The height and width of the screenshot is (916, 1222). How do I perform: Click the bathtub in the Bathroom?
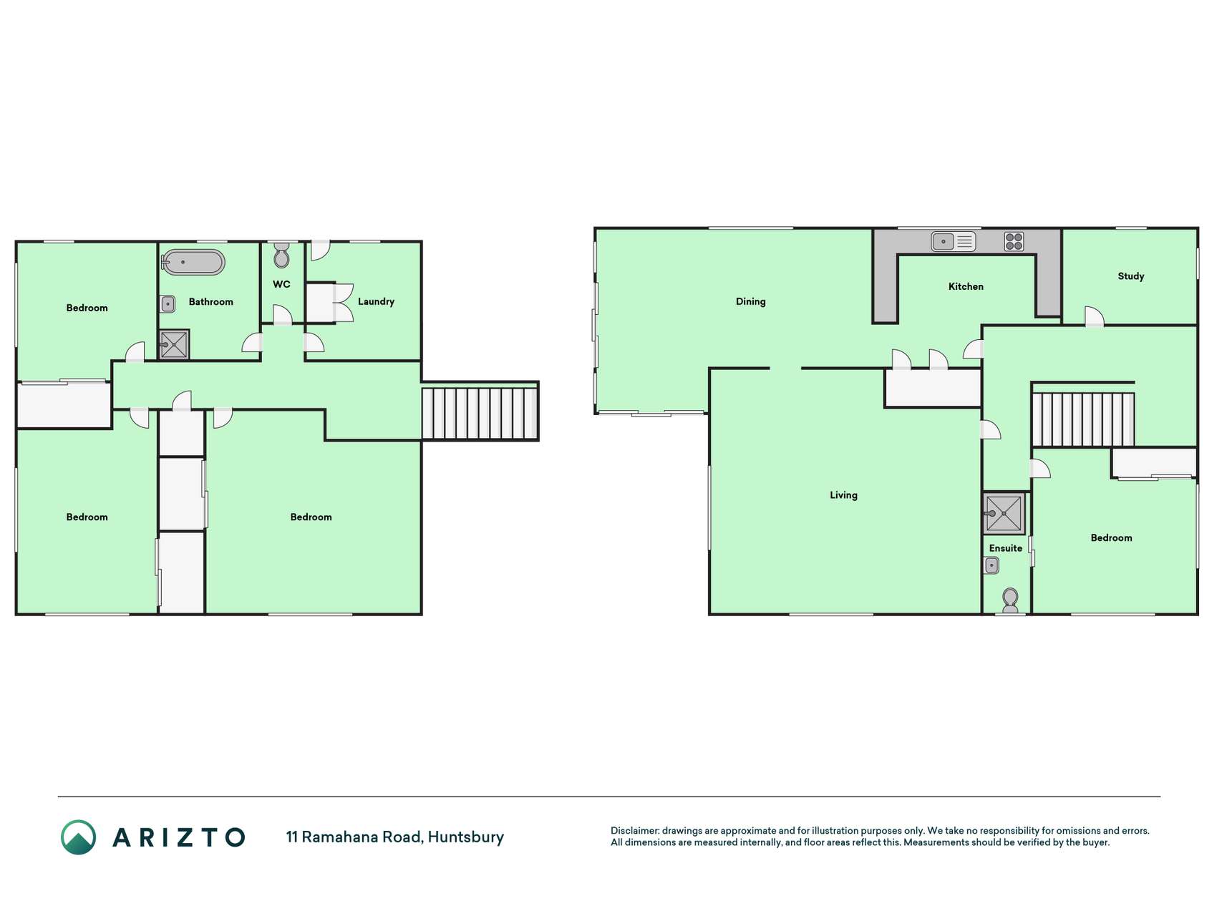coord(193,263)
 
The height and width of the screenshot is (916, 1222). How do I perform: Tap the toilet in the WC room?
coord(281,255)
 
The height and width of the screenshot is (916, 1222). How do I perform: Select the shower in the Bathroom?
coord(174,344)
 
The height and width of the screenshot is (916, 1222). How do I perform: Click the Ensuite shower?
coord(1004,513)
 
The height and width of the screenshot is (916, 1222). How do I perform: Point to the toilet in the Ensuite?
coord(1010,600)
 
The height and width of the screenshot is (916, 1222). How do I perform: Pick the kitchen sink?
coord(953,242)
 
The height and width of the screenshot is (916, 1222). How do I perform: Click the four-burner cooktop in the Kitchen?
coord(1014,241)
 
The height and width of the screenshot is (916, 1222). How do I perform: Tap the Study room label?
coord(1131,276)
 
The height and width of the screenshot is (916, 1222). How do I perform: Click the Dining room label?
coord(751,302)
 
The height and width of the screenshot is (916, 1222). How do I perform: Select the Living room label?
coord(843,495)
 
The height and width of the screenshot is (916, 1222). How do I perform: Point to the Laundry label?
coord(376,302)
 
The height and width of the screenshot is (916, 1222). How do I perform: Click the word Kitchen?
coord(966,287)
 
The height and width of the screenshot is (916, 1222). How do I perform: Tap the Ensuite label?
coord(1006,548)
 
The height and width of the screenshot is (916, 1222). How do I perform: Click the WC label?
coord(281,284)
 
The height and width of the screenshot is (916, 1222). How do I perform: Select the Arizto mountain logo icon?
coord(78,837)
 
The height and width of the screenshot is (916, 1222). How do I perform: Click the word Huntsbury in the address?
coord(466,837)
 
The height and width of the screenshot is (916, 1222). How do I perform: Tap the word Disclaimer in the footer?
coord(635,831)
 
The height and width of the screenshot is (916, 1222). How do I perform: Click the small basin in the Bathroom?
coord(168,304)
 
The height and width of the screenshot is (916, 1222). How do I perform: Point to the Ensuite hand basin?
coord(991,565)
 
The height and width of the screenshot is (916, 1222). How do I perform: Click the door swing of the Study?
coord(1094,316)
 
